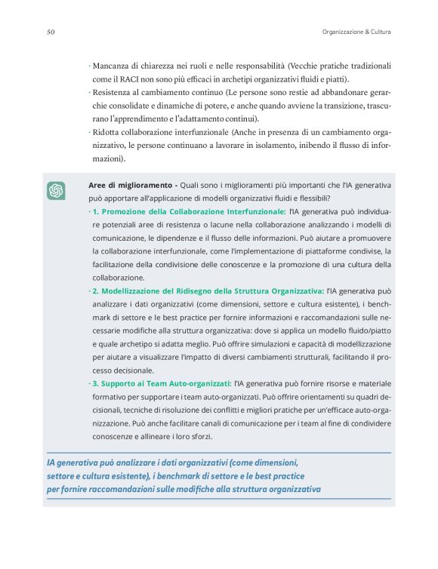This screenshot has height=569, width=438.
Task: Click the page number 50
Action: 50,32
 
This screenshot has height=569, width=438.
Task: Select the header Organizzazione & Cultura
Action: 351,32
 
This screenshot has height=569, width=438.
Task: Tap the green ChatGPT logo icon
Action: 56,191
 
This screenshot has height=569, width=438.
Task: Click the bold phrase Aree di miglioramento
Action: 131,185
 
